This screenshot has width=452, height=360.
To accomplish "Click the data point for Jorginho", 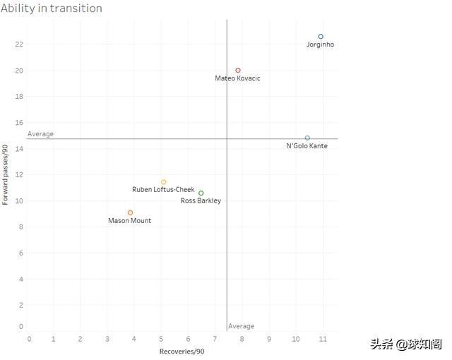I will point(321,36).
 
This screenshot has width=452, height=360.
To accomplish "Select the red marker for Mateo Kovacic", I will point(238,71).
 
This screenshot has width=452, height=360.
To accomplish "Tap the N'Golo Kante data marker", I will point(307,138).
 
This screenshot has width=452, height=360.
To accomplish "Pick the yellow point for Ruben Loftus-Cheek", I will point(164,182).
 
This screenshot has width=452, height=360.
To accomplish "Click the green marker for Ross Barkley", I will point(201,193).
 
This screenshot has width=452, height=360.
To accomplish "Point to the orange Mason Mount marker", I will point(130,212).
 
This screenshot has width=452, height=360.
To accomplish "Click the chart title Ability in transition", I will point(52,8).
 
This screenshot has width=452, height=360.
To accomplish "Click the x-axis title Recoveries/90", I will point(182,352).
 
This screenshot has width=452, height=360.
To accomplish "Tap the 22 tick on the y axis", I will point(19,44).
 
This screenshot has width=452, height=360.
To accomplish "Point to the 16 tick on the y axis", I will point(19,97).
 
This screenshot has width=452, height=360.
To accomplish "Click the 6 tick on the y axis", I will point(21,253).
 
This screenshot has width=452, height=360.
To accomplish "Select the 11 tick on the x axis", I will point(323,340).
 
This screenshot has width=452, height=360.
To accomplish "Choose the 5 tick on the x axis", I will point(161,340).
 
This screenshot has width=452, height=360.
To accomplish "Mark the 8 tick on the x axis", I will point(242,340).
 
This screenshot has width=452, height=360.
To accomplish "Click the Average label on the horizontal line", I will point(40,134).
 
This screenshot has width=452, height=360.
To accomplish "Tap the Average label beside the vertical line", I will point(242,326).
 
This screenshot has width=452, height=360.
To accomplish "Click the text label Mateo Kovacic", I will point(237,78).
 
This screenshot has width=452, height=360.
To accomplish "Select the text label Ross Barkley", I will point(201,201).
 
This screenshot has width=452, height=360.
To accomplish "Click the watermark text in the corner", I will point(406,344).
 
